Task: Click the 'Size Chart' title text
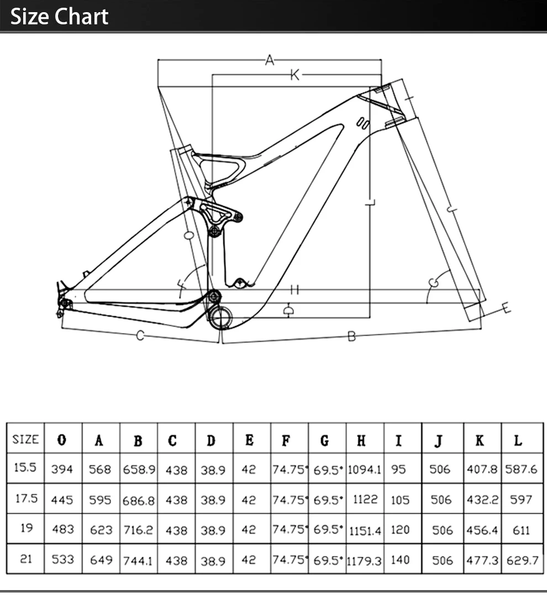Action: coord(60,17)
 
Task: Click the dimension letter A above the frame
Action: coord(270,60)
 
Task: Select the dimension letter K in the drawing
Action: coord(295,75)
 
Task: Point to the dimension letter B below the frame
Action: coord(351,336)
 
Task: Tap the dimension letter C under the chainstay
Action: coord(140,335)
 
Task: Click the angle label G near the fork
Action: coord(434,283)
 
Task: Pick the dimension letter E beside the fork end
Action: coord(506,308)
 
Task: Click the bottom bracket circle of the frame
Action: coord(221,317)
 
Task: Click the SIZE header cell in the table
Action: coord(25,440)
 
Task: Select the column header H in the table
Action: coord(361,441)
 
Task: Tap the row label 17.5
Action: coord(26,498)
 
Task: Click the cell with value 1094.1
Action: coord(365,469)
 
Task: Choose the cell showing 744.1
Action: coord(138,561)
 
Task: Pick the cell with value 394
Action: coord(62,469)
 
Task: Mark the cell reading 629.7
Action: coord(523,561)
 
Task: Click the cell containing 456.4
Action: coord(482,530)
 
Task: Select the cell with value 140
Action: coord(400,560)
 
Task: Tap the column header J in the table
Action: coord(438,441)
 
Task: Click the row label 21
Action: coord(26,559)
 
